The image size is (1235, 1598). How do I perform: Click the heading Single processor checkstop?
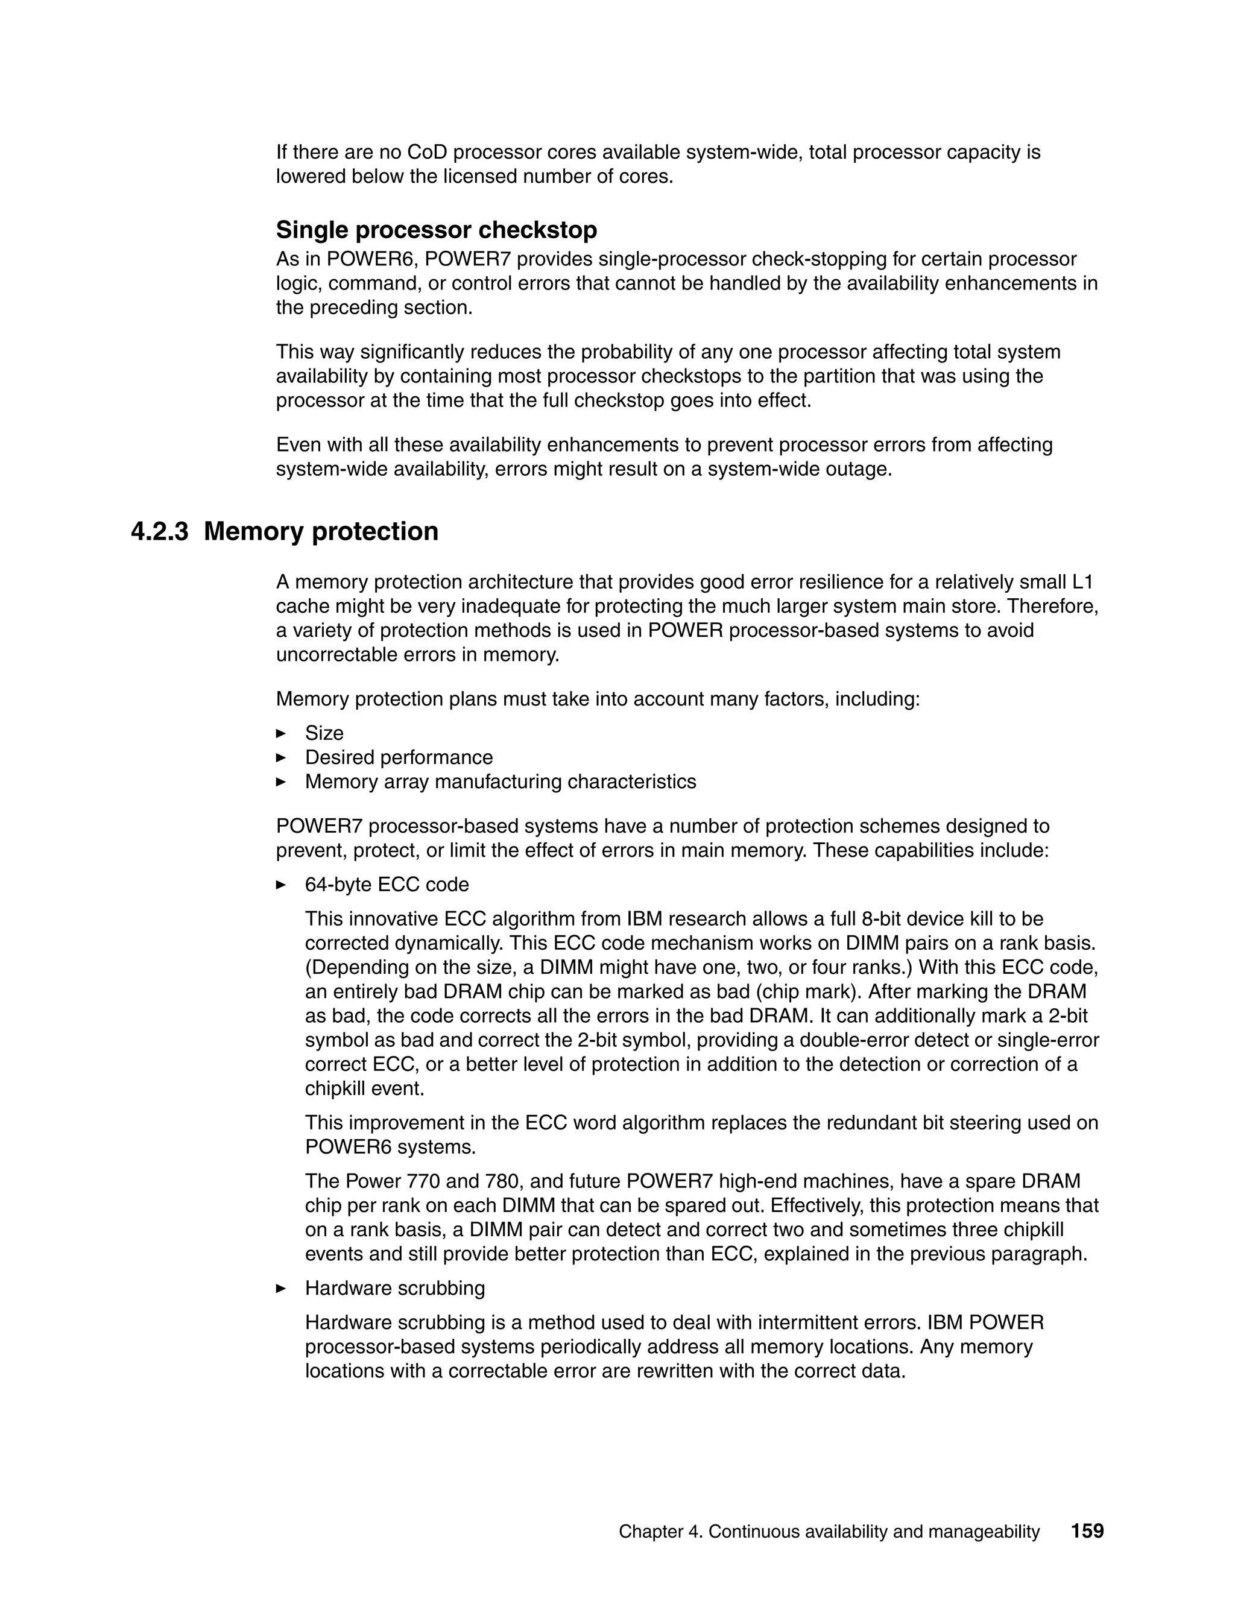click(x=436, y=230)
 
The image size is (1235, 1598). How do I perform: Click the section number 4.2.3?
click(x=159, y=531)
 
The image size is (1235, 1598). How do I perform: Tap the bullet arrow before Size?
click(x=281, y=733)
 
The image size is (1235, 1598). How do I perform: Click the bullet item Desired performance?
click(x=399, y=757)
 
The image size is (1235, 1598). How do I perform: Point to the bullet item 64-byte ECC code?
click(x=387, y=885)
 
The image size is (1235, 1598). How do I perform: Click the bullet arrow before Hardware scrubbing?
click(x=281, y=1309)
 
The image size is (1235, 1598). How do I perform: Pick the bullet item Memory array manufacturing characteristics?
click(x=501, y=782)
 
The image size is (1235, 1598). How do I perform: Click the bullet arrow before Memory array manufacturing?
click(x=281, y=782)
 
